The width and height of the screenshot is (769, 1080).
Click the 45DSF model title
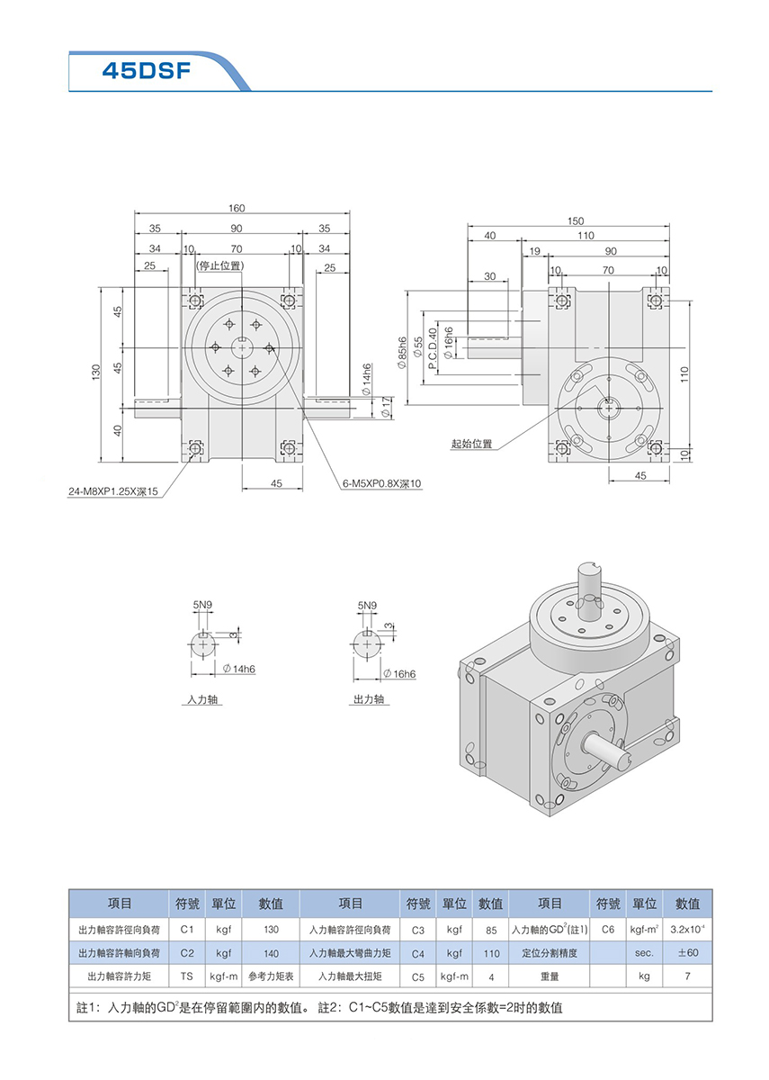(146, 70)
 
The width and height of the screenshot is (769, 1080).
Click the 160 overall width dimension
(236, 208)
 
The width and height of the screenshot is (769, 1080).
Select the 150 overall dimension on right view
(576, 220)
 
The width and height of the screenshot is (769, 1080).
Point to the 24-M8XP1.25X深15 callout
(113, 491)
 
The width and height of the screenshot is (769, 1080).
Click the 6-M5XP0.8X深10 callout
(381, 483)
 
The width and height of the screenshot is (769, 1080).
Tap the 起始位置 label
(473, 445)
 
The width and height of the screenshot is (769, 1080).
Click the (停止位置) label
(219, 265)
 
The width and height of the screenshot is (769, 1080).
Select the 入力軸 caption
(202, 698)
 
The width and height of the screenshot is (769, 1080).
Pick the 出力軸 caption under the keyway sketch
(368, 698)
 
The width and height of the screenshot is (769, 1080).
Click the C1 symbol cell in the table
(187, 929)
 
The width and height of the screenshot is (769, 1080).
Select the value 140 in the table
(271, 952)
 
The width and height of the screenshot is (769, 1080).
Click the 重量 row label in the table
(550, 976)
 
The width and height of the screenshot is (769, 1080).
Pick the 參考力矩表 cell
(271, 976)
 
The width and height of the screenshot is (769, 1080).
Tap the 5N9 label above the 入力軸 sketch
(203, 607)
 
